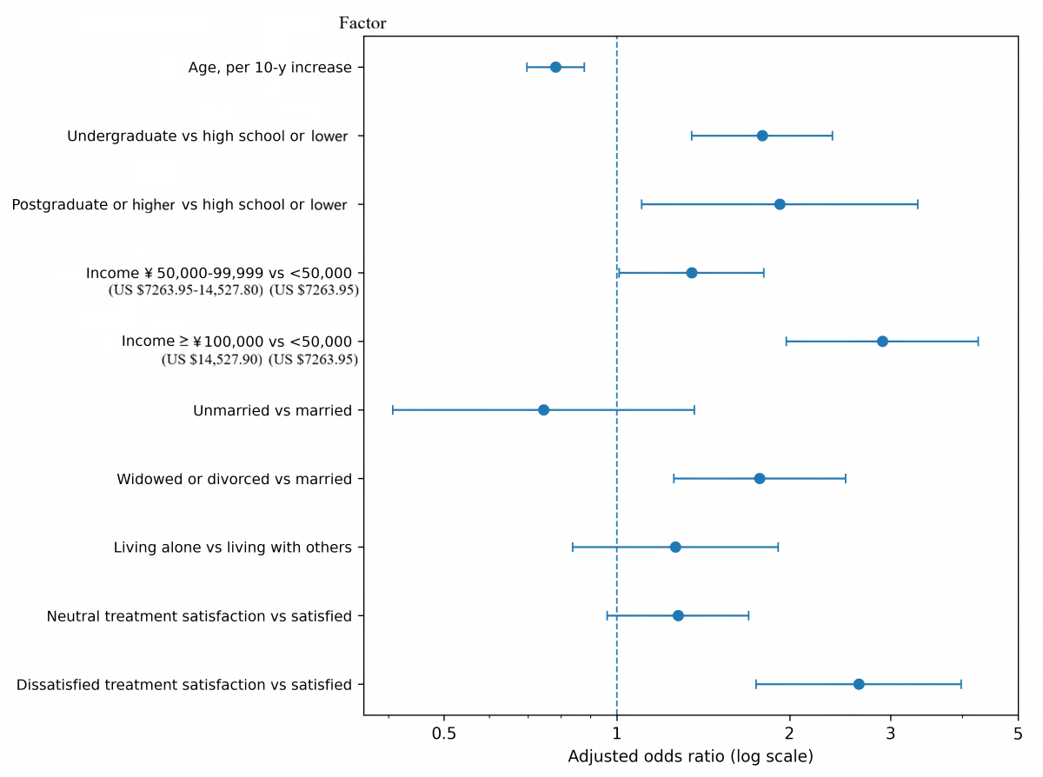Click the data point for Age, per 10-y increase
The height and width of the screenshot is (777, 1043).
pyautogui.click(x=555, y=67)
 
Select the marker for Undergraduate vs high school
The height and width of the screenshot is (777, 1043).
pyautogui.click(x=762, y=136)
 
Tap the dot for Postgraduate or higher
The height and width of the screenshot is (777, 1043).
pyautogui.click(x=780, y=204)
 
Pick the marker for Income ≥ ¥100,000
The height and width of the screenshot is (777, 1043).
pyautogui.click(x=882, y=342)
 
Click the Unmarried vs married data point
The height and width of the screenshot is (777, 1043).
pyautogui.click(x=543, y=409)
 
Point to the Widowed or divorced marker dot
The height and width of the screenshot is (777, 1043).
pyautogui.click(x=760, y=479)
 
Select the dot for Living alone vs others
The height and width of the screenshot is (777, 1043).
pyautogui.click(x=675, y=547)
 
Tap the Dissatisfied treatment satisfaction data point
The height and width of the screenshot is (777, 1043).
pyautogui.click(x=859, y=684)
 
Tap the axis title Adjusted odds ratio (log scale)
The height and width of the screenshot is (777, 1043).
pyautogui.click(x=690, y=757)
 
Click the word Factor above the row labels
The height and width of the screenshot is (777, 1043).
pyautogui.click(x=362, y=23)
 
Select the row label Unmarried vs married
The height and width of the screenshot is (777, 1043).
pyautogui.click(x=272, y=410)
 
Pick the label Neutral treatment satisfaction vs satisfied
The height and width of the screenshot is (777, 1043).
pyautogui.click(x=199, y=616)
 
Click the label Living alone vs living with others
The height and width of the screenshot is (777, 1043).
pyautogui.click(x=232, y=548)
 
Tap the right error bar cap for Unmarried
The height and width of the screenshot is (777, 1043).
pyautogui.click(x=694, y=409)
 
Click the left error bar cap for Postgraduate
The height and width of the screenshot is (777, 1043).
pyautogui.click(x=641, y=204)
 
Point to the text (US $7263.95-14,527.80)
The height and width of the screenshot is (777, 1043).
pyautogui.click(x=185, y=290)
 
